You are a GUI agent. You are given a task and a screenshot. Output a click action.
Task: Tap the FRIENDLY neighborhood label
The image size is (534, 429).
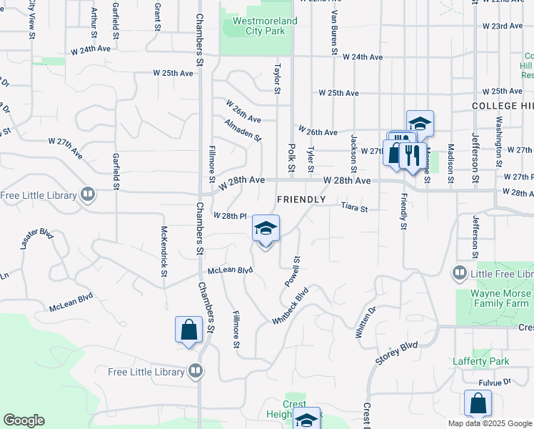(x=301, y=199)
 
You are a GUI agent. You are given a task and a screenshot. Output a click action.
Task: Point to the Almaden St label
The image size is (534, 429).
(x=243, y=129)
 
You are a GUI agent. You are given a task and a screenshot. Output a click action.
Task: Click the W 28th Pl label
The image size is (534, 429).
(x=230, y=216)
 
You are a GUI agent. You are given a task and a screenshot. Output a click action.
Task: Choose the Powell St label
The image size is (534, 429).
(x=293, y=272)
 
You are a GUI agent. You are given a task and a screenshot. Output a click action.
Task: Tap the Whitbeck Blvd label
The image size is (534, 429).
(x=290, y=307)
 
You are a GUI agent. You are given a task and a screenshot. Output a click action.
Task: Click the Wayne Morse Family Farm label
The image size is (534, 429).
(x=501, y=299)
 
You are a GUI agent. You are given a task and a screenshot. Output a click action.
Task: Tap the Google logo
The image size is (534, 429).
(x=24, y=420)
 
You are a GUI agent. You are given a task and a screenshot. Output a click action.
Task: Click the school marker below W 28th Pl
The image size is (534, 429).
(x=266, y=229)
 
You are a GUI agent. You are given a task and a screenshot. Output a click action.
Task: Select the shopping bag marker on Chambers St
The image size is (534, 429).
(x=188, y=330)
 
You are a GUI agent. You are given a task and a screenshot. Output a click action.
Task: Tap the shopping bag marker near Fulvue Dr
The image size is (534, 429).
(x=478, y=403)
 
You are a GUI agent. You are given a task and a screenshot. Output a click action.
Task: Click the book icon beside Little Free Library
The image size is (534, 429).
(x=459, y=274)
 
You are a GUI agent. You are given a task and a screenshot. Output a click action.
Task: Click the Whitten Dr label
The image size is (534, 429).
(x=369, y=323)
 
